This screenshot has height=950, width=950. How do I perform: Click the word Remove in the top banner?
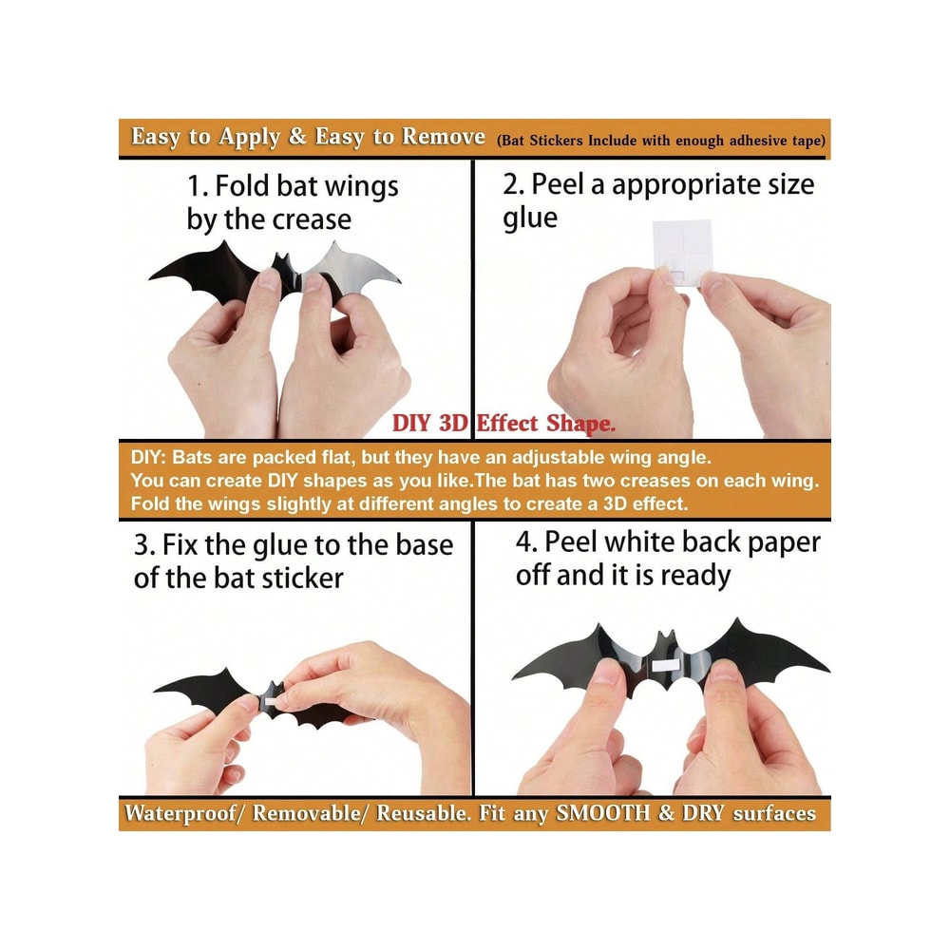click(x=444, y=136)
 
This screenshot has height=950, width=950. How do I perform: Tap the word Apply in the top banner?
click(x=249, y=137)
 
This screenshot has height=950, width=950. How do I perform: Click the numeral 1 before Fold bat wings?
click(x=193, y=186)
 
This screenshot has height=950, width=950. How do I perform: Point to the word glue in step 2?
click(x=529, y=218)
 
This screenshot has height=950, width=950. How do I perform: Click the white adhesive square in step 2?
click(x=681, y=250)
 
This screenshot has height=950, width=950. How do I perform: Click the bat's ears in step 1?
click(x=282, y=259)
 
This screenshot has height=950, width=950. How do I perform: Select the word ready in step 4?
click(x=695, y=575)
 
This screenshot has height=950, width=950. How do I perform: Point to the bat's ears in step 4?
click(x=665, y=638)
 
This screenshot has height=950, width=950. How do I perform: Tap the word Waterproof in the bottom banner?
click(x=180, y=813)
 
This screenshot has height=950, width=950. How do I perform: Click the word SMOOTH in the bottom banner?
click(x=603, y=812)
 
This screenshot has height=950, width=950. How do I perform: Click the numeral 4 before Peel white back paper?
click(x=523, y=541)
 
